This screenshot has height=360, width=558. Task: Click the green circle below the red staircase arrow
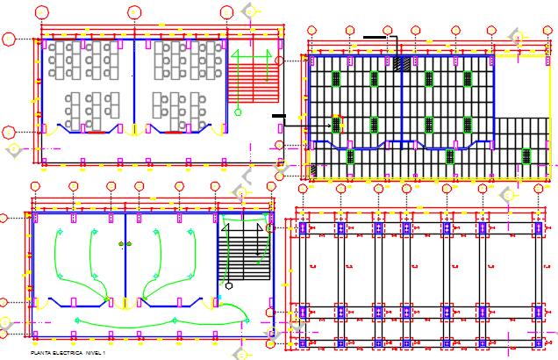[238, 111]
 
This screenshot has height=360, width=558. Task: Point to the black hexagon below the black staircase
[228, 285]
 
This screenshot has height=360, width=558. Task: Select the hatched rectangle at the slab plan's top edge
[403, 63]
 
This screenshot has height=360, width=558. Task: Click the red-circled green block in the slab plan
[336, 124]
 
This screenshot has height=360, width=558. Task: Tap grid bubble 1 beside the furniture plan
[9, 39]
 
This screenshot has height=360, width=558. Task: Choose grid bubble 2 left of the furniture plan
[9, 133]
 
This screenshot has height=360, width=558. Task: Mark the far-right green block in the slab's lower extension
[526, 156]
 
